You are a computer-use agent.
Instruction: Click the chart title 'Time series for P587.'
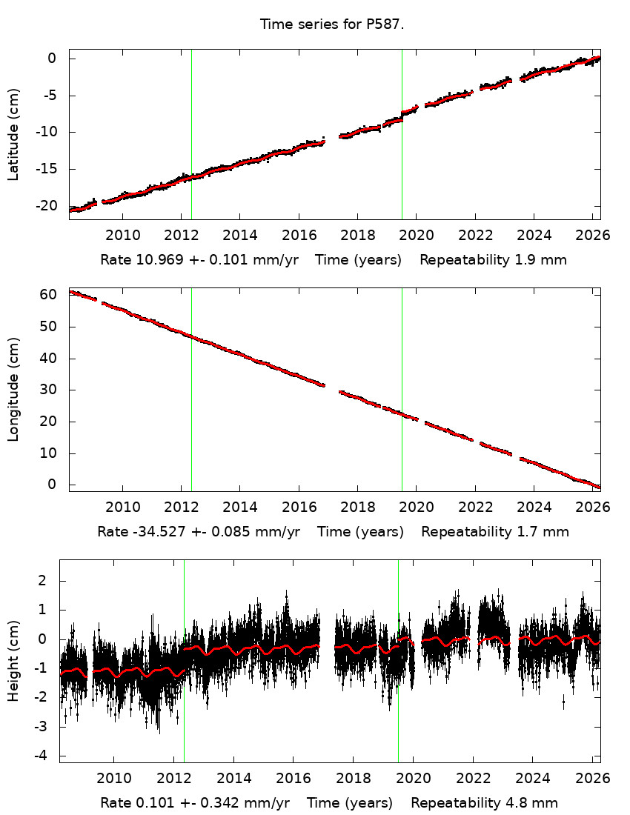click(332, 24)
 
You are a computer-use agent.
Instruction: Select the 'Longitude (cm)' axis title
click(14, 390)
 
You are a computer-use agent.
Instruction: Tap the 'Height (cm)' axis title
click(14, 660)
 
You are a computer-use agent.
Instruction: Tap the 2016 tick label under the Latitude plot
click(298, 236)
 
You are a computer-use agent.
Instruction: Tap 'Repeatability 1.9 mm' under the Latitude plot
click(494, 260)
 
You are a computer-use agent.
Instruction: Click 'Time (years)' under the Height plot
click(350, 802)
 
